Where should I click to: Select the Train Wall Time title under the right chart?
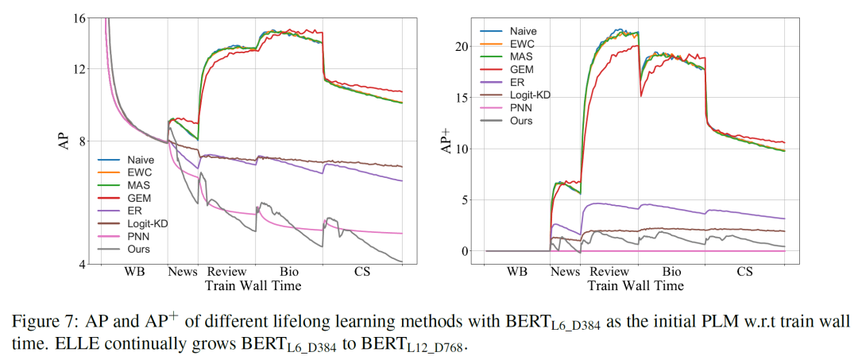point(636,285)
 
